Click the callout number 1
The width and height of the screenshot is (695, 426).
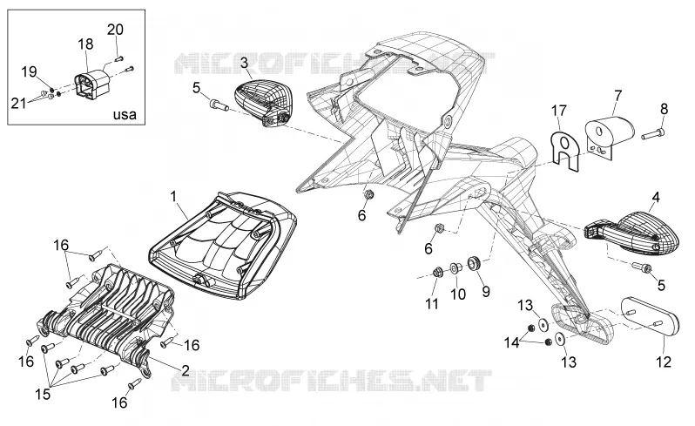tap(173, 195)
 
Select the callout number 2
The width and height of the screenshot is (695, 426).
tap(186, 370)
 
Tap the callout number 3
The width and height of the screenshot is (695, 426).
tap(244, 63)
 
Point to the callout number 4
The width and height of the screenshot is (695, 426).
tap(656, 197)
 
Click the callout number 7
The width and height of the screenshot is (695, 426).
tap(617, 95)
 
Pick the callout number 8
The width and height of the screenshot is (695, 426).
tap(664, 109)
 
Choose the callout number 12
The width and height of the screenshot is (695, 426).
tap(664, 362)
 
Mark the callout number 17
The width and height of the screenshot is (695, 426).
tap(559, 111)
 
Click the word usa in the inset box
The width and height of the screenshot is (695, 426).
tap(125, 115)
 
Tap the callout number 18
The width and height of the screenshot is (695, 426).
tap(85, 44)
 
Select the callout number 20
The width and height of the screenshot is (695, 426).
tap(115, 30)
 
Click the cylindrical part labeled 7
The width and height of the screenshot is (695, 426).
tap(610, 130)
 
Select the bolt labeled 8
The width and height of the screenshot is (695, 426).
tap(653, 133)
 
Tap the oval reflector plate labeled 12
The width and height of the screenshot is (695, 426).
tap(651, 317)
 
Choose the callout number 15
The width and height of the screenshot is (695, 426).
tap(43, 394)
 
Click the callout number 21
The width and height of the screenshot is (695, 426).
tap(18, 104)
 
